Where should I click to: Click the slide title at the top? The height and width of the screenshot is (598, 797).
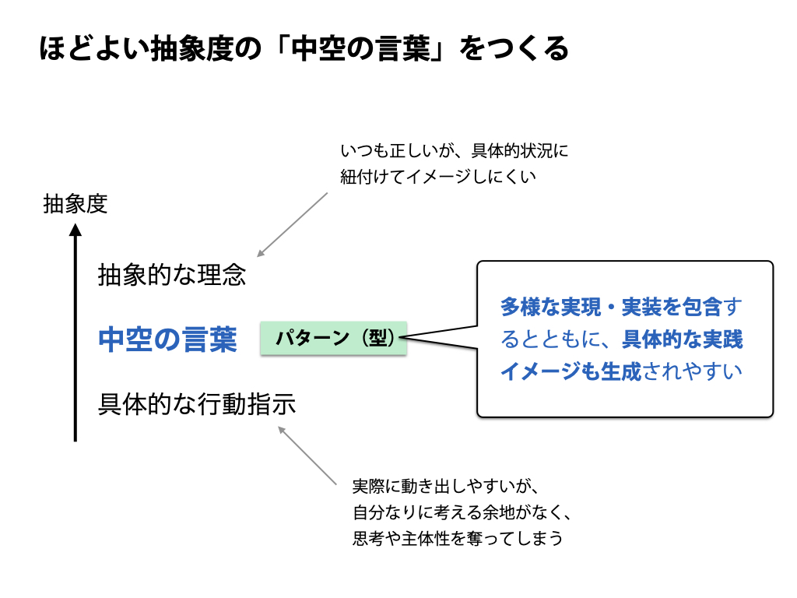(x=304, y=49)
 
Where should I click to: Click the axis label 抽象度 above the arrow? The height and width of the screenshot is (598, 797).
(x=75, y=204)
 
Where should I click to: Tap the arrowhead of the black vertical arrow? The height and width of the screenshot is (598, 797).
(x=75, y=230)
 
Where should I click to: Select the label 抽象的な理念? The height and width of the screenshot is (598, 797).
(x=171, y=275)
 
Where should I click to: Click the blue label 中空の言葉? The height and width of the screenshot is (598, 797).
(x=167, y=339)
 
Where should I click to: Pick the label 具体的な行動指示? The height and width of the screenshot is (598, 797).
(x=197, y=405)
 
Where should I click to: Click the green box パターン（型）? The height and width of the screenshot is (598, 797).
(x=333, y=339)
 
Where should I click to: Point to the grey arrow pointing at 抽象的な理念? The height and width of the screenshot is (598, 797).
(x=293, y=224)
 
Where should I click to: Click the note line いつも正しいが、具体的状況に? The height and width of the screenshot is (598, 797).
(x=455, y=150)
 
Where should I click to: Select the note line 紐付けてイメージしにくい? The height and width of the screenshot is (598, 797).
(x=438, y=177)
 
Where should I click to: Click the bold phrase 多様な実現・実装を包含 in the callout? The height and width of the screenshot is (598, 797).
(x=611, y=307)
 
